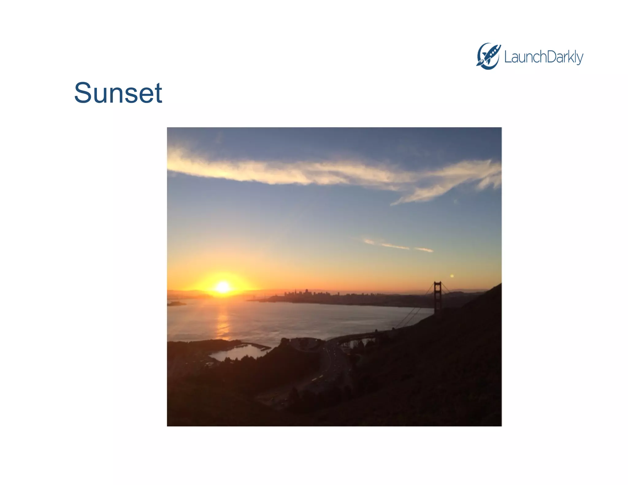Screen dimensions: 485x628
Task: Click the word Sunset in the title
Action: tap(118, 93)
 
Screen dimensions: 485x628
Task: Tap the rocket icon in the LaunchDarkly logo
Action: tap(488, 56)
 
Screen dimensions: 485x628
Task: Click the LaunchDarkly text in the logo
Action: tap(543, 57)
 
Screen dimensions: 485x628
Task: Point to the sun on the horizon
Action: tap(223, 287)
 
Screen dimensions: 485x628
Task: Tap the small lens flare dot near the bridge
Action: tap(452, 276)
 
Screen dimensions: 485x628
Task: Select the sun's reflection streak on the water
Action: tap(223, 322)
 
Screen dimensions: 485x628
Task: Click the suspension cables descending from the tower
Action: tap(411, 316)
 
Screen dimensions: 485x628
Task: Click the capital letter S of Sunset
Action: tap(83, 93)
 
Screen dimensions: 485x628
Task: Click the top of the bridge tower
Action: tap(438, 283)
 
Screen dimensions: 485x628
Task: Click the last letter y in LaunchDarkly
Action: tap(579, 58)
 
